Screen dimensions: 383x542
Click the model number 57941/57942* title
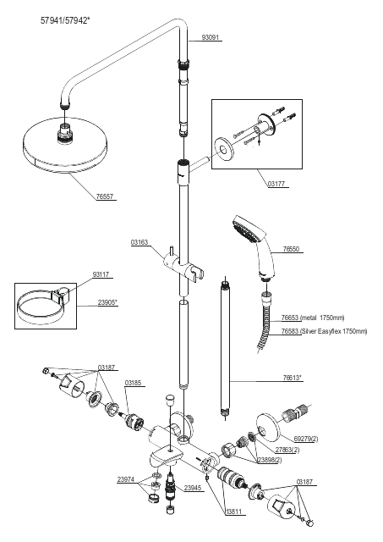(65, 20)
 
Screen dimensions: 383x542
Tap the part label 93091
(211, 37)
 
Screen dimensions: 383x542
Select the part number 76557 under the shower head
(105, 196)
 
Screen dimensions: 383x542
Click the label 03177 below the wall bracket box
(276, 184)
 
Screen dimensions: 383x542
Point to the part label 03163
(140, 242)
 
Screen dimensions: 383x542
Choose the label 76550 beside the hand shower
(291, 249)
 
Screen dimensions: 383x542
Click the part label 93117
(101, 274)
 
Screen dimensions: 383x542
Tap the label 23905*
(107, 302)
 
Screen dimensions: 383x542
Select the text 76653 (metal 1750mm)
(313, 318)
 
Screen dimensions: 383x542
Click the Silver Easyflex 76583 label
(324, 331)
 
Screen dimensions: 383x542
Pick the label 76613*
(293, 378)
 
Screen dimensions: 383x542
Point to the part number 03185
(134, 383)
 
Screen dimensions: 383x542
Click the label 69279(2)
(306, 439)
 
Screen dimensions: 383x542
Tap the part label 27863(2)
(287, 450)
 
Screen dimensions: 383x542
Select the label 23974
(126, 479)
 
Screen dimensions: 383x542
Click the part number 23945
(193, 488)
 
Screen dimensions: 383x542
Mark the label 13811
(236, 512)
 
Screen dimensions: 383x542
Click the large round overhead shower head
(66, 145)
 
